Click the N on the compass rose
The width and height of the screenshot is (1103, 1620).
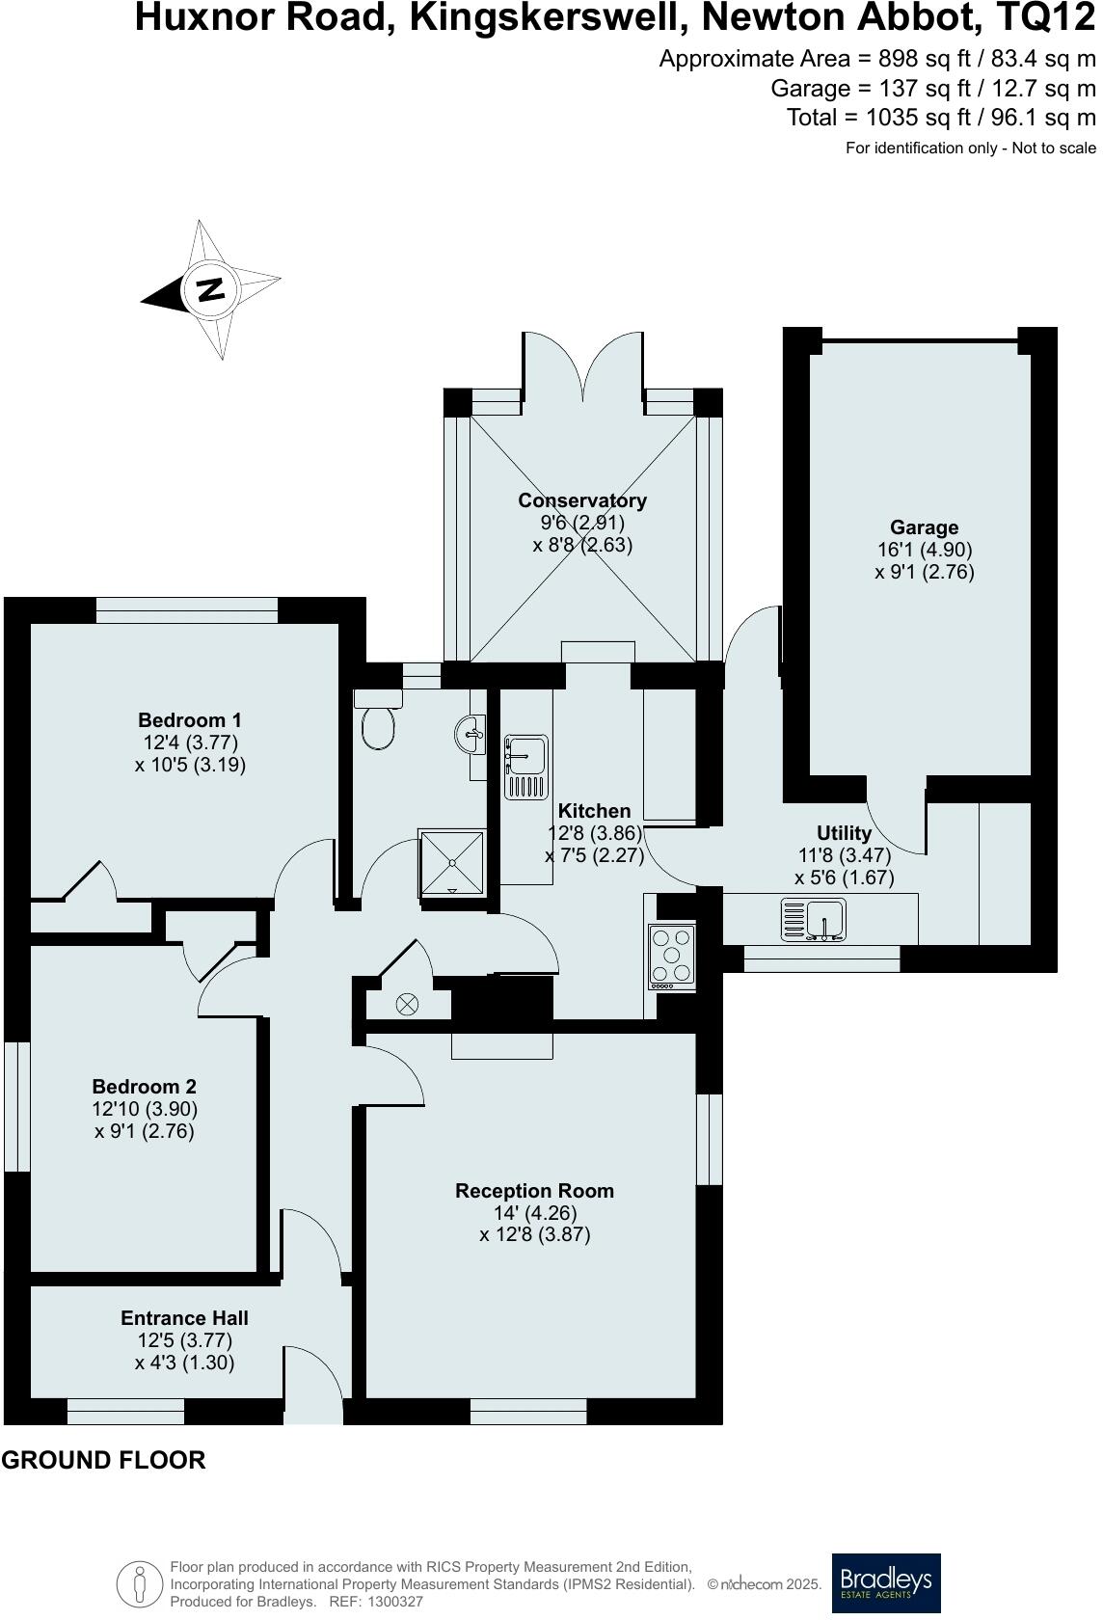(x=210, y=289)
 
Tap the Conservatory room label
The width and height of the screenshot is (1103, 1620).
(x=582, y=500)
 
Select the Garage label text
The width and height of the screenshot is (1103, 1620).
(x=924, y=527)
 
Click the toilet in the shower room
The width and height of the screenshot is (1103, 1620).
(x=378, y=719)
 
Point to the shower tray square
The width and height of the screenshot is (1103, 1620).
(x=452, y=862)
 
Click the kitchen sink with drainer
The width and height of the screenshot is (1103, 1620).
(x=525, y=767)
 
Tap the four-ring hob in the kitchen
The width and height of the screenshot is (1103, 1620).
(x=672, y=957)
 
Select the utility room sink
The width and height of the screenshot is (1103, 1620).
(x=814, y=919)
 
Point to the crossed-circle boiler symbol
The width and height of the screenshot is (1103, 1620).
(x=408, y=1004)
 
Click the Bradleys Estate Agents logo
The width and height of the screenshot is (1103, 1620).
(x=886, y=1583)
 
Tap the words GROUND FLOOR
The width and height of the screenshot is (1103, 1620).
(x=103, y=1460)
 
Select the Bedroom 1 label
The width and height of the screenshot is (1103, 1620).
(x=190, y=720)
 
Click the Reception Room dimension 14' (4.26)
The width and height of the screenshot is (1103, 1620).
(x=534, y=1212)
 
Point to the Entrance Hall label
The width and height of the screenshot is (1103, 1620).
(x=184, y=1317)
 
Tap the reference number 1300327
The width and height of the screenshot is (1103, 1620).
(x=395, y=1601)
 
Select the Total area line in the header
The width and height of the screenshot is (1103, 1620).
(x=941, y=118)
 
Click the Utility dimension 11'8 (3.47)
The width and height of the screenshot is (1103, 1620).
(x=844, y=855)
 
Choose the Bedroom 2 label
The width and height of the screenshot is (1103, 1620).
(x=144, y=1086)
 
